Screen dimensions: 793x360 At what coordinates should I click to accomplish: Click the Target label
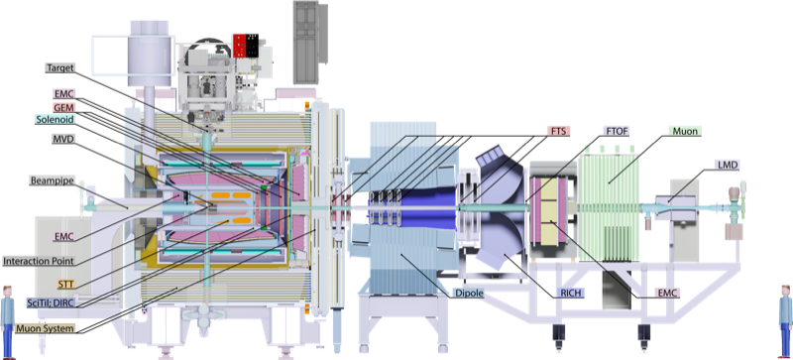60,67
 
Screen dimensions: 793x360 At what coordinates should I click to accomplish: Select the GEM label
63,107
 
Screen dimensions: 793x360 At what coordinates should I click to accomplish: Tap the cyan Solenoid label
56,119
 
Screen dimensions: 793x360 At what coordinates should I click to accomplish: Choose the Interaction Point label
38,261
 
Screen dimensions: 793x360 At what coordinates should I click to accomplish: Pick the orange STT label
65,284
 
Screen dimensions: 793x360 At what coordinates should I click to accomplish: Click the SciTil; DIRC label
51,302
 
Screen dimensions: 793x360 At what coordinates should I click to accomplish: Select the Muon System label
45,328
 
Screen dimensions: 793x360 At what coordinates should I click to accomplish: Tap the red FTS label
559,131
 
